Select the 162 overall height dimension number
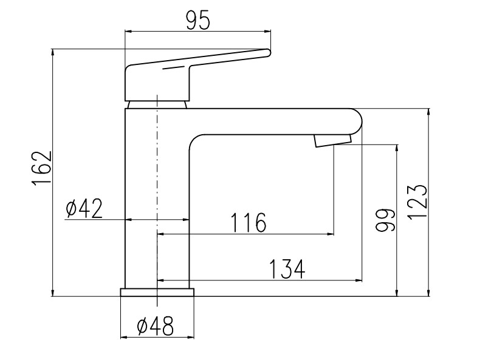(42, 168)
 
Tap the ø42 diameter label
(84, 209)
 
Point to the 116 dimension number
(249, 222)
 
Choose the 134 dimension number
(287, 269)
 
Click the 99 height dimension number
(385, 220)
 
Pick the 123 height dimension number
(417, 202)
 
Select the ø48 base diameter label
(155, 325)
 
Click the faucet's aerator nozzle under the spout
(333, 141)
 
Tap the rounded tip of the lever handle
(268, 53)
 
